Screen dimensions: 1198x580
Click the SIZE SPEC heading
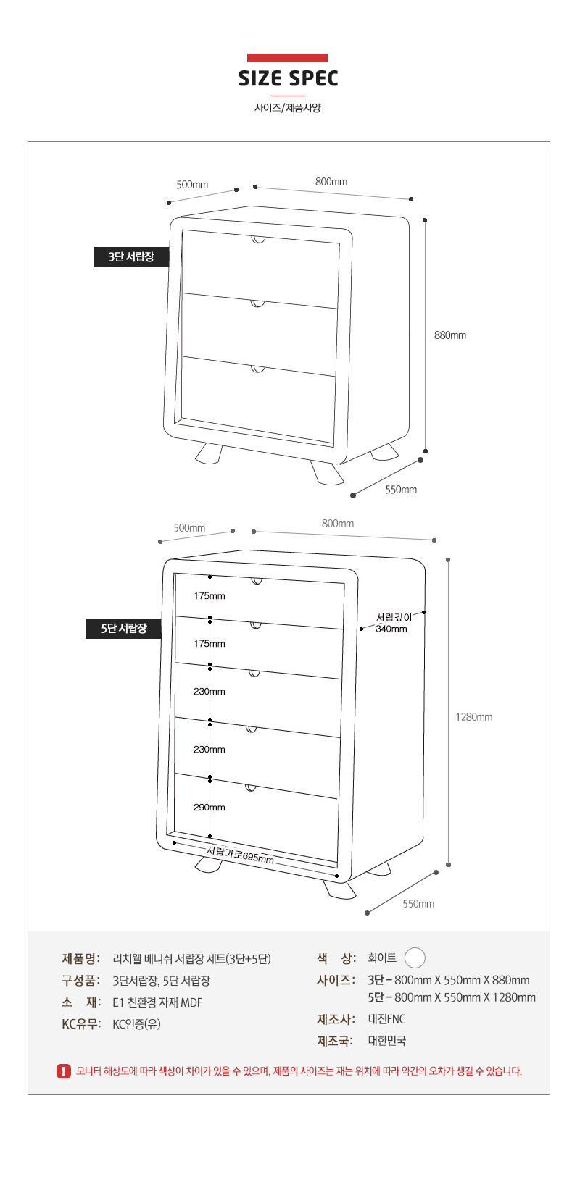click(289, 78)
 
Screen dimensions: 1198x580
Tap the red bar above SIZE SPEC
click(287, 58)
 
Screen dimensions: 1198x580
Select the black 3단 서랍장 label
click(131, 256)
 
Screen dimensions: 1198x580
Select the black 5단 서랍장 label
click(124, 628)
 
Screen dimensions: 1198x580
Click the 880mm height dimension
click(450, 335)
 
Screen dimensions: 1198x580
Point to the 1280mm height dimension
click(473, 717)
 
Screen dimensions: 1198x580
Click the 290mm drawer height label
click(209, 808)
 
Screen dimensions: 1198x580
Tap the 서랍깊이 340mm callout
click(392, 623)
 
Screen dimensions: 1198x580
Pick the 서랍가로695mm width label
click(240, 855)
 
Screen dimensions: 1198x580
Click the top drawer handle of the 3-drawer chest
click(259, 239)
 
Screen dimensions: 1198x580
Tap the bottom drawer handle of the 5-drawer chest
click(251, 787)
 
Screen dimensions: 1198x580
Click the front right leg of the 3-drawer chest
click(328, 474)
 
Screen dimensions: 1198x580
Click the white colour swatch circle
click(415, 958)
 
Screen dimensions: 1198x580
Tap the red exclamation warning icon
click(64, 1071)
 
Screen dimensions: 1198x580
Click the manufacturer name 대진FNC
click(386, 1019)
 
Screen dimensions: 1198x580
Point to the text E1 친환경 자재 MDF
click(157, 1002)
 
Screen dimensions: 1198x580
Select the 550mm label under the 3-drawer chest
click(400, 490)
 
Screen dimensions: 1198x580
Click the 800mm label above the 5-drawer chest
click(338, 524)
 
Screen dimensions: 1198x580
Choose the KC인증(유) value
click(136, 1024)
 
